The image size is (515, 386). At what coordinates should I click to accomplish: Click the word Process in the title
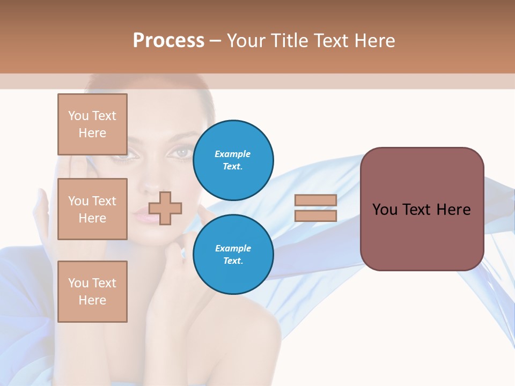click(x=168, y=41)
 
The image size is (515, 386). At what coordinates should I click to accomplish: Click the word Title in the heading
click(x=289, y=41)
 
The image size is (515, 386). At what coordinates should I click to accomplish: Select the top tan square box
click(x=92, y=124)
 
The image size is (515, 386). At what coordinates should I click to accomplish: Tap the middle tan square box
click(x=92, y=209)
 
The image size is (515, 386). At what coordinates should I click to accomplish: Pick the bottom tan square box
click(x=92, y=292)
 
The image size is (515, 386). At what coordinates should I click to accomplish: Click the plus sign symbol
click(x=165, y=208)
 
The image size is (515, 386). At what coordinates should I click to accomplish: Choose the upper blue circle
click(x=233, y=160)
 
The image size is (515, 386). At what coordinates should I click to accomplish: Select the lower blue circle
click(x=233, y=254)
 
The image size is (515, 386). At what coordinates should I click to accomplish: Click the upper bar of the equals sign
click(x=315, y=200)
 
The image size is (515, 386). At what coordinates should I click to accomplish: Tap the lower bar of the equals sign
click(x=315, y=216)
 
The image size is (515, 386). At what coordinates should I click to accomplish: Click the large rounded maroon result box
click(x=422, y=209)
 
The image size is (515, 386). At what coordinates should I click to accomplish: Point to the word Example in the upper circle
click(x=233, y=154)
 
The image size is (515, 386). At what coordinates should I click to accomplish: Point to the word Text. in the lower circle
click(x=233, y=261)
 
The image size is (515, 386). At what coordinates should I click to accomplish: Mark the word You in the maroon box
click(x=385, y=210)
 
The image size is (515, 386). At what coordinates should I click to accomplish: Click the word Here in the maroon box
click(x=453, y=210)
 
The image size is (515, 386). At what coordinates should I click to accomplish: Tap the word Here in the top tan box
click(x=92, y=133)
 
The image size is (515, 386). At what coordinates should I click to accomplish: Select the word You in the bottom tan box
click(x=78, y=283)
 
